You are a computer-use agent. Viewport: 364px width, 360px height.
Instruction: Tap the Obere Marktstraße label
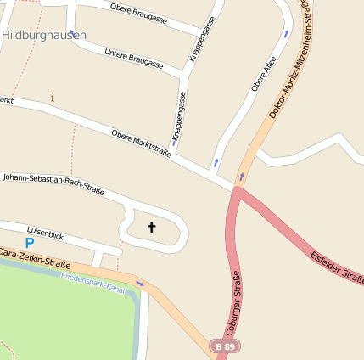[141, 143]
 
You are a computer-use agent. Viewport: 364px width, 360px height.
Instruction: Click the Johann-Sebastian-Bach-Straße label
[53, 184]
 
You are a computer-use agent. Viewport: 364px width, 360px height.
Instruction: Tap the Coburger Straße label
[235, 302]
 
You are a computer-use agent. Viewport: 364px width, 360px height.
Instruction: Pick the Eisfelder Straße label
[337, 267]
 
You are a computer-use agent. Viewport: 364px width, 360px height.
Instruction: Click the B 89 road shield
[225, 346]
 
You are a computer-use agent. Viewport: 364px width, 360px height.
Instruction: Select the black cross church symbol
[153, 227]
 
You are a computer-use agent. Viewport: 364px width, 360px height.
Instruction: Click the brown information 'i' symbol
[53, 97]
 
